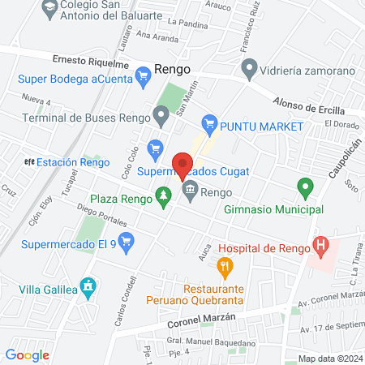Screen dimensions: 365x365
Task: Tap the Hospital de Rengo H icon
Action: click(321, 243)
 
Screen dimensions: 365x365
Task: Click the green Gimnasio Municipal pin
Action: click(306, 189)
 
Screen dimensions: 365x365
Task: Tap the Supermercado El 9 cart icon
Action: click(125, 240)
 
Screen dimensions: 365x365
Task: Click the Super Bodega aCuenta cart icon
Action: click(144, 78)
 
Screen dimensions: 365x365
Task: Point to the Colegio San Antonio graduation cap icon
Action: click(49, 9)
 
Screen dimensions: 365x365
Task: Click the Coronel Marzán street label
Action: click(196, 317)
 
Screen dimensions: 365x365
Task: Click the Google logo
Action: click(27, 354)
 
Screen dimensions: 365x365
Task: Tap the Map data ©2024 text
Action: click(329, 359)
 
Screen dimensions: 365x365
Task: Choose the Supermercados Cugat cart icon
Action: click(155, 148)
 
